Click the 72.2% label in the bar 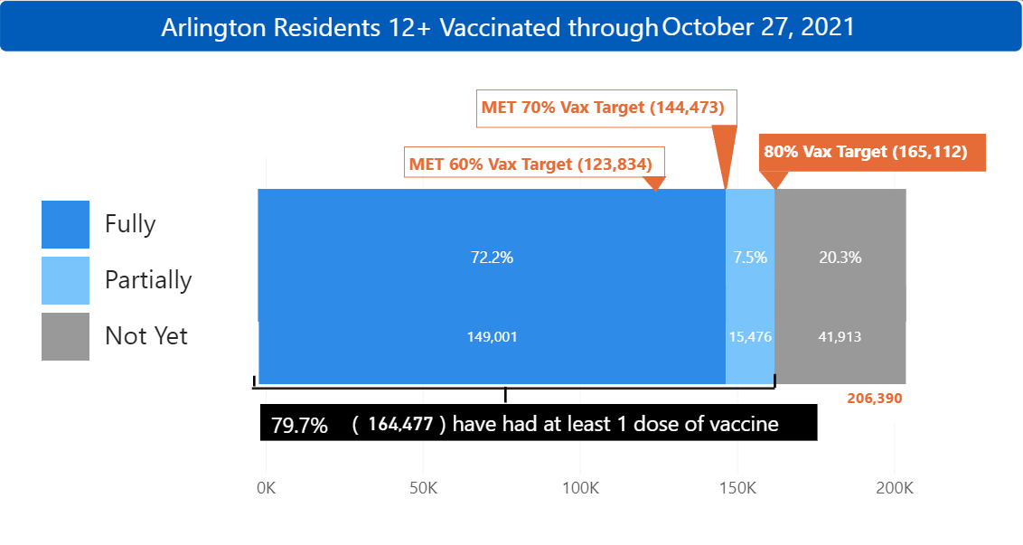(492, 258)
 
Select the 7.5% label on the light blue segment (750, 258)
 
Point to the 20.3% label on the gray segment (840, 258)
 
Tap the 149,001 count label (493, 337)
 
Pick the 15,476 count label (750, 337)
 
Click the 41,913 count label (840, 337)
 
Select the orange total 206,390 (875, 398)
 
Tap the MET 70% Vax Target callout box (604, 108)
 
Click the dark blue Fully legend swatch (65, 224)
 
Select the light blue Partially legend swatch (65, 280)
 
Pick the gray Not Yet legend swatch (65, 336)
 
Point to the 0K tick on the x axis (267, 488)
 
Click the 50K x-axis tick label (423, 488)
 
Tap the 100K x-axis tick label (580, 488)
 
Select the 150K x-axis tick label (737, 488)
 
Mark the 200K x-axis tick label (895, 488)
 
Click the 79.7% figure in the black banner (299, 425)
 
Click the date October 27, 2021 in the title (758, 26)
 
